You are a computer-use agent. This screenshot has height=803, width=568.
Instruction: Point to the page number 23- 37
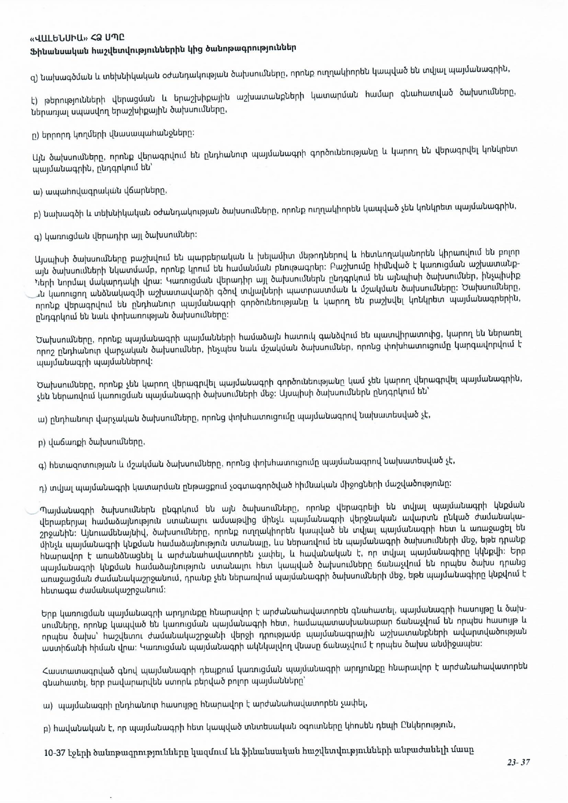pos(518,762)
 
